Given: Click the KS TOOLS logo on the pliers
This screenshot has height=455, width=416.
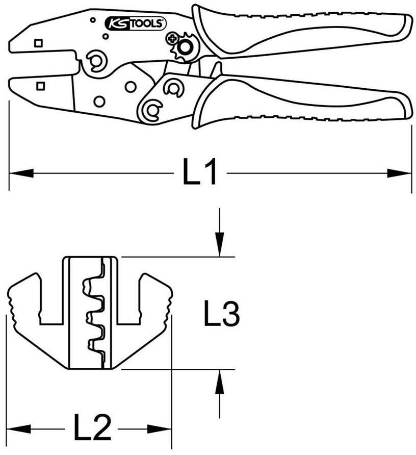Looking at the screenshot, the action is [135, 22].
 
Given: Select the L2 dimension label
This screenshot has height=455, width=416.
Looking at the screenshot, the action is [92, 428].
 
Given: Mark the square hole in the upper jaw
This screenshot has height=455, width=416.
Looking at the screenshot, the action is [38, 43].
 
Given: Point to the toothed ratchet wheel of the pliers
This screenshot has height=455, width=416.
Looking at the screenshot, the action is [186, 48].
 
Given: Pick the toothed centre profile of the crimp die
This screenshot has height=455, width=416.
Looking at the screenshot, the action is [97, 312].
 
